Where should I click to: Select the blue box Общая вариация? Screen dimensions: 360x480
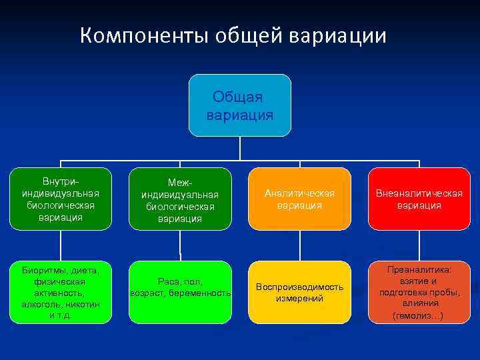(x=240, y=105)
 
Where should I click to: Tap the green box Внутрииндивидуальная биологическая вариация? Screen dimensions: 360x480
(x=61, y=199)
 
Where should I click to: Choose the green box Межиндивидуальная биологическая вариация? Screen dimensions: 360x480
(x=180, y=199)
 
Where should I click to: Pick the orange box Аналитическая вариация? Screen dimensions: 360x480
(x=299, y=199)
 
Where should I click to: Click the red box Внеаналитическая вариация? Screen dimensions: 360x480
(x=419, y=199)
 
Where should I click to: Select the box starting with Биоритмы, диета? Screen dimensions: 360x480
(x=61, y=292)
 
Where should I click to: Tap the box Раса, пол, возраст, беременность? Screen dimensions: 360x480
(x=180, y=292)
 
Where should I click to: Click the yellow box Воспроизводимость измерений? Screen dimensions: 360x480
(x=299, y=292)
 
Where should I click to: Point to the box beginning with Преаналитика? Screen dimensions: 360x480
(x=419, y=292)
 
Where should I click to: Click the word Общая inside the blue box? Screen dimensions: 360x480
(x=238, y=97)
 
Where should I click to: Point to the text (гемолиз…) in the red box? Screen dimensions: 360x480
(x=418, y=315)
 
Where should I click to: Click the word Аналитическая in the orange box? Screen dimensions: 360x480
(x=299, y=193)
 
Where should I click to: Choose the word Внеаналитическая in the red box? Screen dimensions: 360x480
(x=419, y=193)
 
